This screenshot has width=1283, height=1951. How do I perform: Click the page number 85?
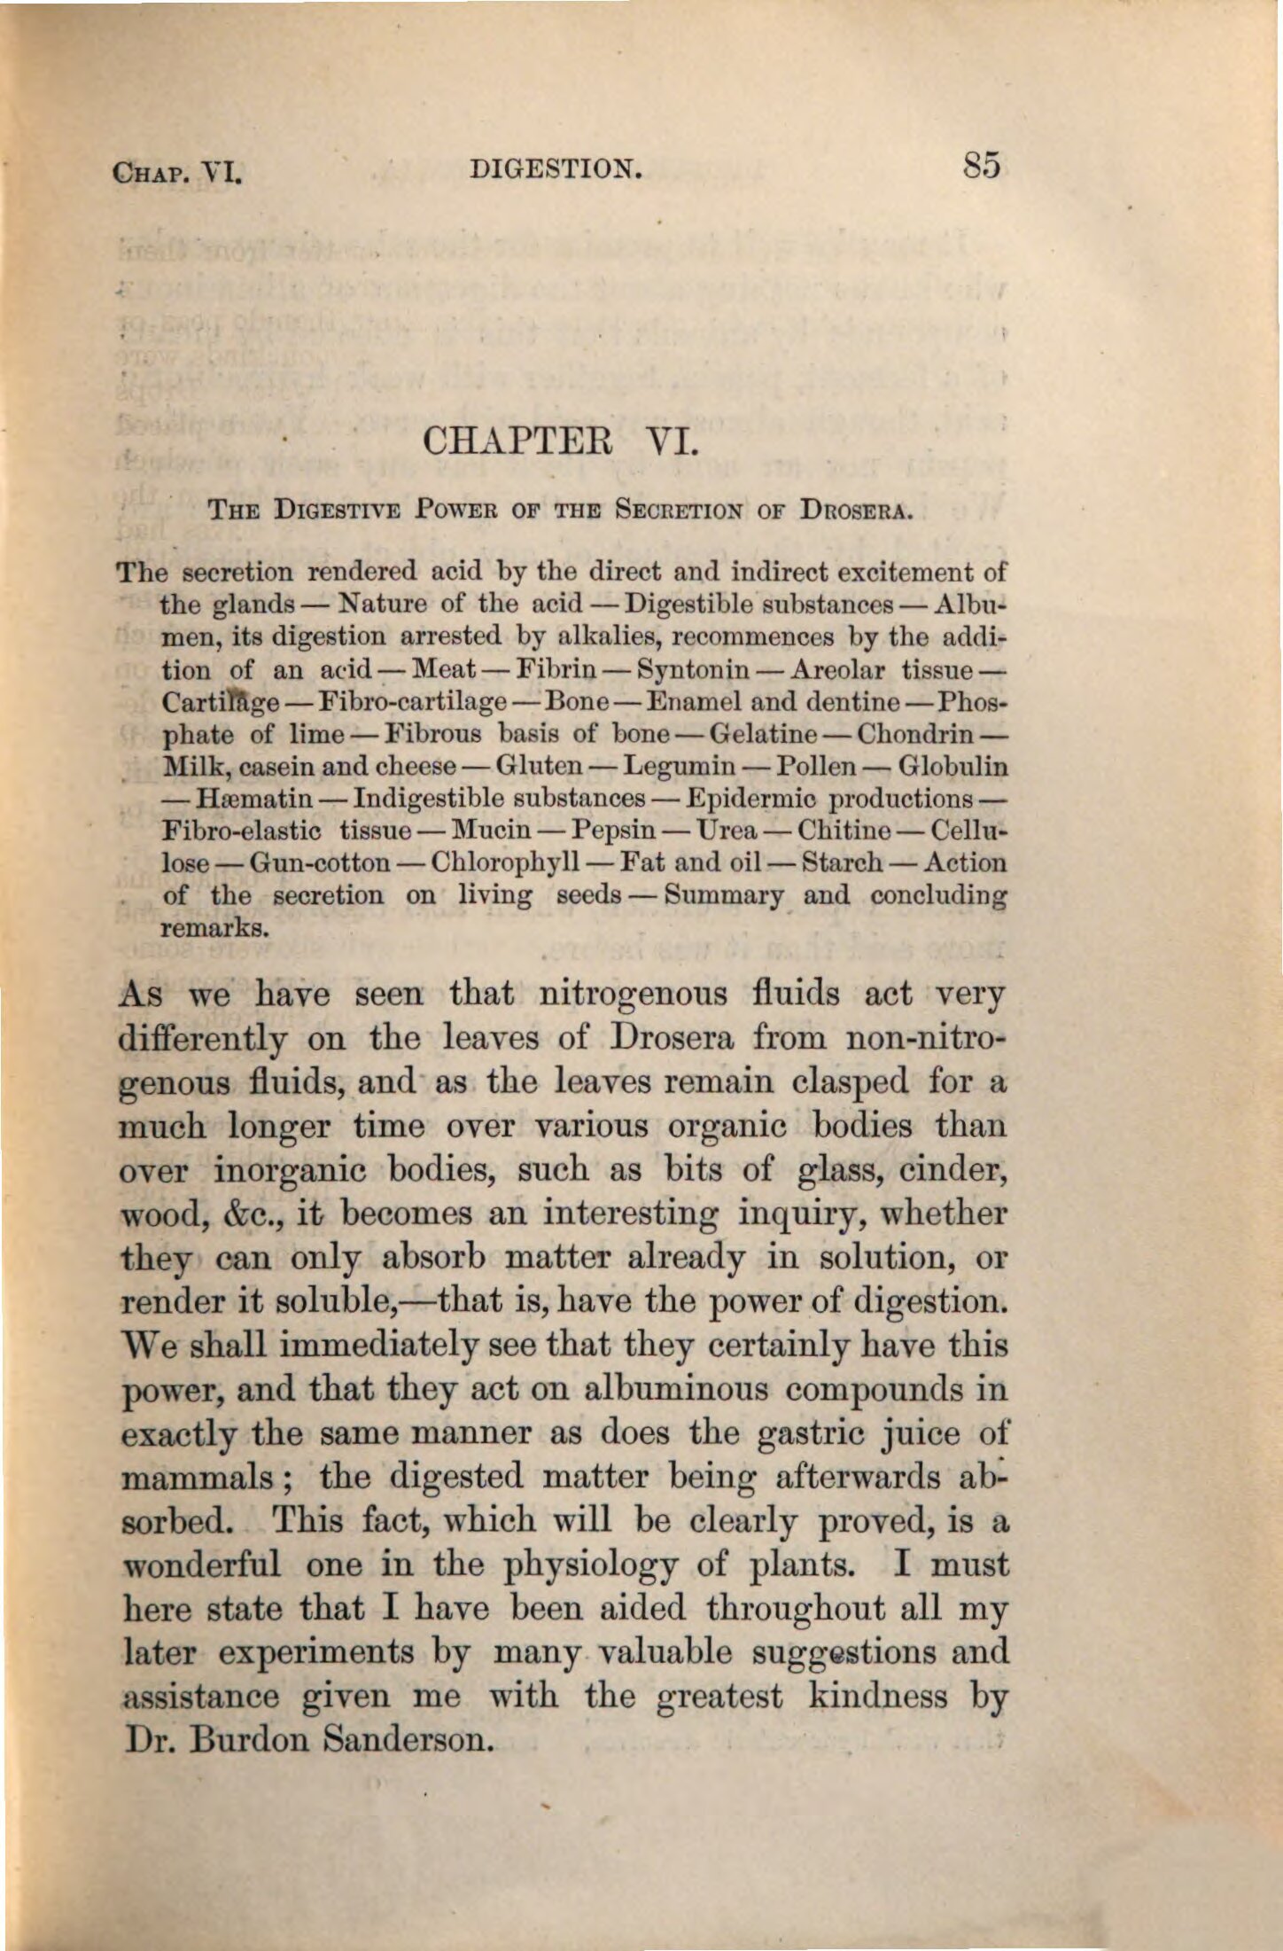tap(983, 166)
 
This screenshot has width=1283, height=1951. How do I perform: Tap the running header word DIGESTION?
tap(556, 168)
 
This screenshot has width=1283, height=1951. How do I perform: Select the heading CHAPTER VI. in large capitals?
tap(563, 441)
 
